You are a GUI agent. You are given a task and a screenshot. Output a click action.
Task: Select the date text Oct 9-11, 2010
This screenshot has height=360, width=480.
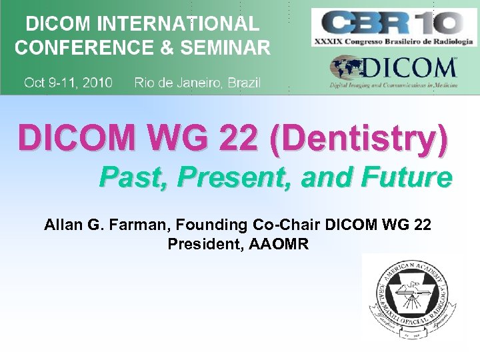68,83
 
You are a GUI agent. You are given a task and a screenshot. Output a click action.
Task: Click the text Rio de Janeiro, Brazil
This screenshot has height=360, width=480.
197,83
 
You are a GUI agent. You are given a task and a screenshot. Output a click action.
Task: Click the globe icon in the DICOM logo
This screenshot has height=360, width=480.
347,68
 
